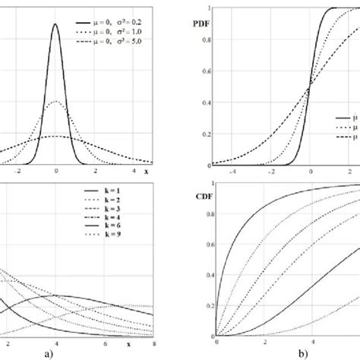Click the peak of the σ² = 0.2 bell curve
(56, 24)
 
